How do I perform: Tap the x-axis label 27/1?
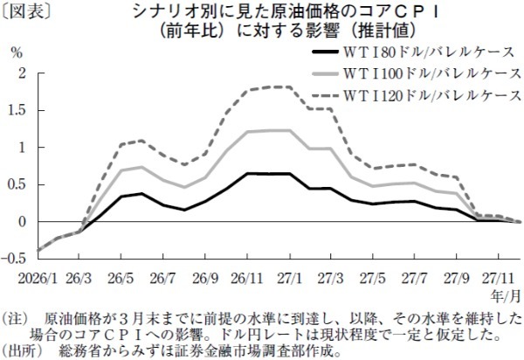pos(288,277)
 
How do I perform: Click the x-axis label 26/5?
pos(121,277)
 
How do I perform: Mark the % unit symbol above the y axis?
pos(16,51)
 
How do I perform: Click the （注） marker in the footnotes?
pos(17,319)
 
